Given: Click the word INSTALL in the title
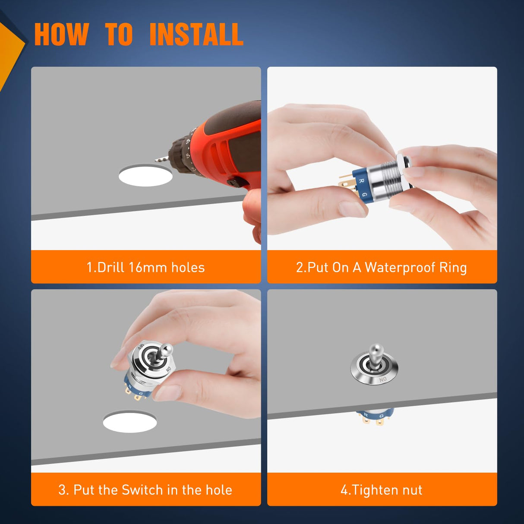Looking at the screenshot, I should (x=196, y=35).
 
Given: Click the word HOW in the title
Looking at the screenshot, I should (x=61, y=35).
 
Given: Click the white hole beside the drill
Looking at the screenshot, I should (x=145, y=176).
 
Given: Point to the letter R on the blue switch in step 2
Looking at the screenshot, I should (x=362, y=181).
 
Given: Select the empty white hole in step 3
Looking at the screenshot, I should (x=129, y=422).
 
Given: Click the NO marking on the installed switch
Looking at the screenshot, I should (x=383, y=379).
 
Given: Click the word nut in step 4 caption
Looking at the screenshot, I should (x=412, y=490).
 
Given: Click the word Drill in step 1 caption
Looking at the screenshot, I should (x=110, y=267).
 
